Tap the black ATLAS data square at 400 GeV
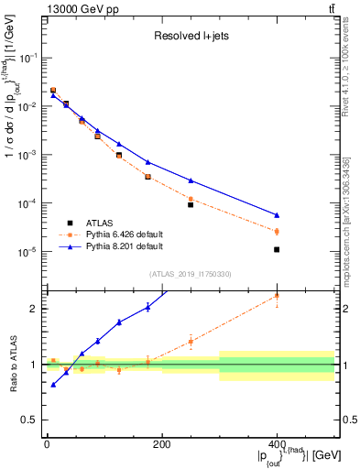pos(277,249)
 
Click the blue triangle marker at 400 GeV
pos(277,215)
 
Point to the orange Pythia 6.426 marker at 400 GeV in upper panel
pos(277,232)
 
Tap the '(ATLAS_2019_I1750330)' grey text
pos(190,273)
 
